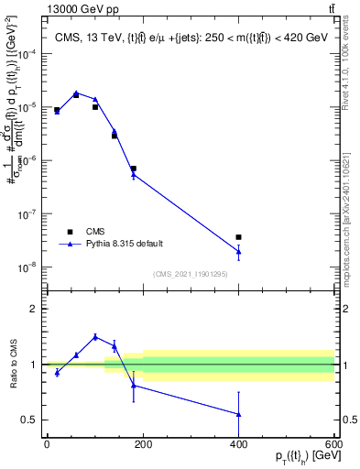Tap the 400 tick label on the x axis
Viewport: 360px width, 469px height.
[x=238, y=443]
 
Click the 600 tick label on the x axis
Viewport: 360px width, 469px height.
[x=333, y=443]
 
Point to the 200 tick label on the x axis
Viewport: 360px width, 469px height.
[x=142, y=443]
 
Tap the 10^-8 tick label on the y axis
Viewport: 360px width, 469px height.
[x=26, y=267]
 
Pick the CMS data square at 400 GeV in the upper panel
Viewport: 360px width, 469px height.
[x=238, y=237]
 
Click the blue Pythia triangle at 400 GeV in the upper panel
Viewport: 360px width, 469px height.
[x=238, y=251]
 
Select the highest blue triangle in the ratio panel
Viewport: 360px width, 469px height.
[x=94, y=336]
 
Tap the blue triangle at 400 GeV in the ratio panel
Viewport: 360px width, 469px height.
[x=238, y=414]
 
